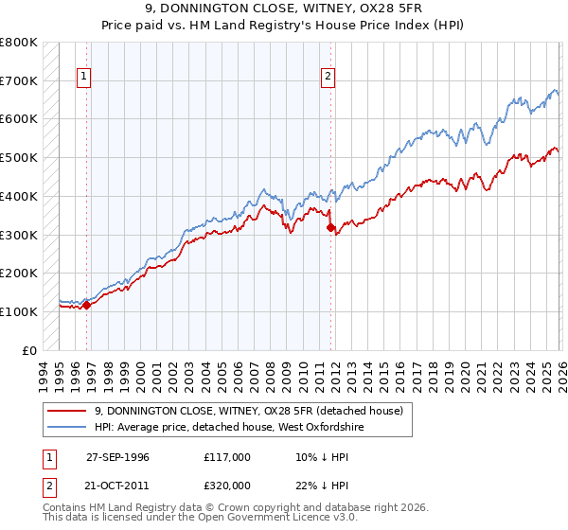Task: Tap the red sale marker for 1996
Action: coord(86,305)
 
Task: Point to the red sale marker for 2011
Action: coord(330,227)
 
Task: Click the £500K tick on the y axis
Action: coord(19,158)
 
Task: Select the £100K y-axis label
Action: coord(19,311)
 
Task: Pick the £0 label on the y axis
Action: coord(30,350)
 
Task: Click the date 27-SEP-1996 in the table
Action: coord(117,456)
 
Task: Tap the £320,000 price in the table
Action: coord(226,485)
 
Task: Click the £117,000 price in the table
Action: coord(226,456)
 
